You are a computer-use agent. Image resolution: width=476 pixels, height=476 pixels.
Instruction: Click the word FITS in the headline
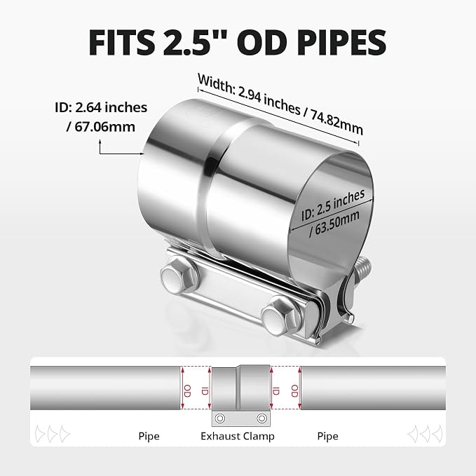click(x=121, y=43)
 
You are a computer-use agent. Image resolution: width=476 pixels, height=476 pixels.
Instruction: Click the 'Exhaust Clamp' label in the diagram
click(x=238, y=436)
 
